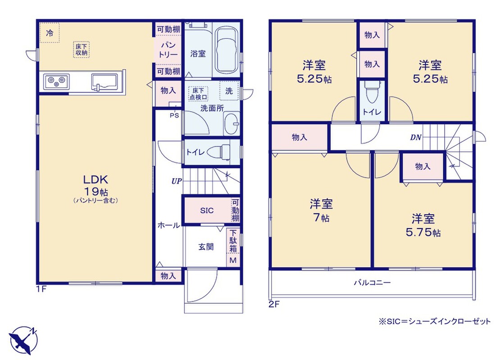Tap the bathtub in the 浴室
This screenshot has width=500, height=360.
click(227, 50)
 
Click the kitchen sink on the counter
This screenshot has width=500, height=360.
click(105, 82)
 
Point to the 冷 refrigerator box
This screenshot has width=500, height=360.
click(50, 32)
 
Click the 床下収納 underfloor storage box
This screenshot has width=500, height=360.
click(82, 49)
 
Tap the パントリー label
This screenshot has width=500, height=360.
click(168, 50)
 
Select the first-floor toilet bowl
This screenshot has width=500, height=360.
click(219, 152)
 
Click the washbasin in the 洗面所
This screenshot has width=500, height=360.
click(232, 124)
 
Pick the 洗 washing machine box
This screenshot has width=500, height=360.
click(229, 91)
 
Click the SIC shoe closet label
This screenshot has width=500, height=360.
click(207, 211)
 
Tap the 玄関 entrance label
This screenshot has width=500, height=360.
click(206, 247)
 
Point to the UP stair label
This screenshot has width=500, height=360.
click(177, 181)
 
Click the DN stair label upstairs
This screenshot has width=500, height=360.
click(416, 138)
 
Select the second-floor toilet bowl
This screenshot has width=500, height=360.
click(372, 92)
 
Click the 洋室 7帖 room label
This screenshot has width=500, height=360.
click(321, 210)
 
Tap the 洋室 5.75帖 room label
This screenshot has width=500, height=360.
click(423, 225)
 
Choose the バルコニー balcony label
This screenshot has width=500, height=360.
click(372, 283)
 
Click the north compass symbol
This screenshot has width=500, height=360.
click(23, 340)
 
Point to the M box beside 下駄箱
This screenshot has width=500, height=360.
click(233, 260)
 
